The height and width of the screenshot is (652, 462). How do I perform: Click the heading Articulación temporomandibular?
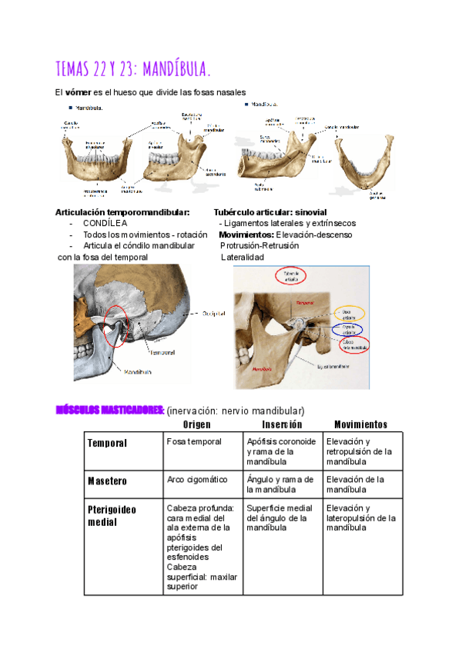coord(122,212)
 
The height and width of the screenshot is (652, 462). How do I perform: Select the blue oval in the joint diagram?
coord(347,328)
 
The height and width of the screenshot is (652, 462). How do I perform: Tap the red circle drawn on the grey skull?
coord(113,327)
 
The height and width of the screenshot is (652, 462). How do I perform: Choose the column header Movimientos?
coord(360,424)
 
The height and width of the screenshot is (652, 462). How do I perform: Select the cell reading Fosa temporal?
coord(194,442)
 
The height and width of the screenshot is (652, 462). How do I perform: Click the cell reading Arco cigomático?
coord(197,479)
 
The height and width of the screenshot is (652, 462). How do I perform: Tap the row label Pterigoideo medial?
coord(112,515)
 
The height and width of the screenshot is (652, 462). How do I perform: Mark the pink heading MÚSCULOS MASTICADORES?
coord(109,410)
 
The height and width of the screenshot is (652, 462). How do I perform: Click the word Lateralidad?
coord(243,257)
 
